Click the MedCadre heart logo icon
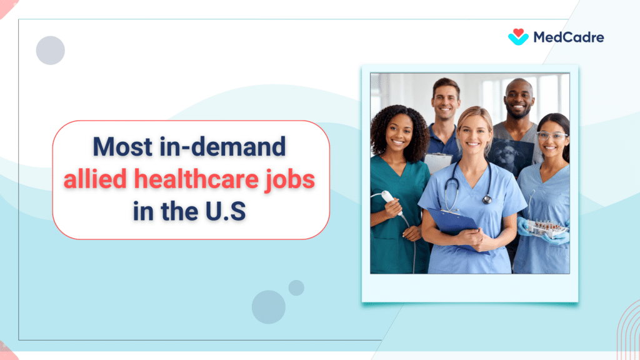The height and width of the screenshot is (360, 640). pyautogui.click(x=518, y=37)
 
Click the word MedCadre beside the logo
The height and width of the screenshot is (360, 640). pyautogui.click(x=568, y=37)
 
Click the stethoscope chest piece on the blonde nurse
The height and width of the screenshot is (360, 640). pyautogui.click(x=486, y=199)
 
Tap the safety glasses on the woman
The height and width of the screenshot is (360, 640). pyautogui.click(x=551, y=136)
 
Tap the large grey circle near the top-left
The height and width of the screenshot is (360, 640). pyautogui.click(x=51, y=51)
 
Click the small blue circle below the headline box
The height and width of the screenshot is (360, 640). pyautogui.click(x=296, y=287)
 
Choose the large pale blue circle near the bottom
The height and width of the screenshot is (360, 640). pyautogui.click(x=269, y=307)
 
